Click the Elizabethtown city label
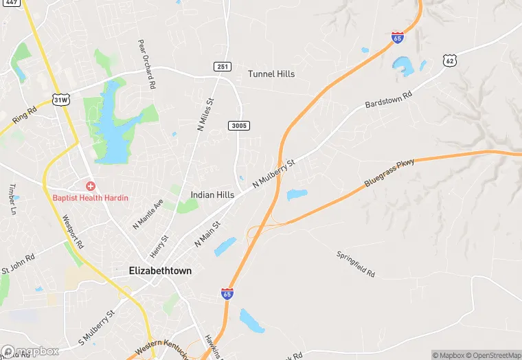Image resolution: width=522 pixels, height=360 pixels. tap(160, 271)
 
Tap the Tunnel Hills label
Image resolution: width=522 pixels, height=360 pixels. tap(271, 74)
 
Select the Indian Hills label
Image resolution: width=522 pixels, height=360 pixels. tap(212, 195)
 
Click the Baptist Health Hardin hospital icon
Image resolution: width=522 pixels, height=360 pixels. tap(89, 186)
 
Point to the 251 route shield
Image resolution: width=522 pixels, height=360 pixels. tap(221, 67)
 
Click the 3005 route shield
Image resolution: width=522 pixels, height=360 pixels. tap(239, 125)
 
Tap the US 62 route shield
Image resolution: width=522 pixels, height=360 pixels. tap(450, 61)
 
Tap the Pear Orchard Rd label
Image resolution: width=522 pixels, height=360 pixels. tap(146, 63)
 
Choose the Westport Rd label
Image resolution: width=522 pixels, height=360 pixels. tap(72, 234)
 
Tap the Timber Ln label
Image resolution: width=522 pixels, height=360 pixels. tap(12, 200)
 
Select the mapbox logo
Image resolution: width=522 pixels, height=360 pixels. tap(30, 351)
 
